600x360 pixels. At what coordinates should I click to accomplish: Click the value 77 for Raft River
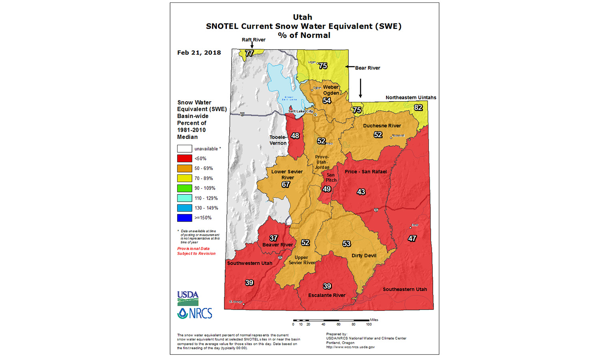(x=249, y=53)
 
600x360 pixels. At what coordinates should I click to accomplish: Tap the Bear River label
(x=367, y=68)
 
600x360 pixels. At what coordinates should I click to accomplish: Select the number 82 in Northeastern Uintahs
(x=418, y=108)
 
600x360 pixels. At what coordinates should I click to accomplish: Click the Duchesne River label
(x=382, y=126)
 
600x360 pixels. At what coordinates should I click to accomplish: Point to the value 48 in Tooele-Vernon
(x=295, y=136)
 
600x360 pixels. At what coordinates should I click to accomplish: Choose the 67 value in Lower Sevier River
(x=286, y=184)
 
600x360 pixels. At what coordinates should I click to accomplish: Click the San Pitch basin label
(x=331, y=178)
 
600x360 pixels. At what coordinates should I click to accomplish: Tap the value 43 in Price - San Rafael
(x=361, y=192)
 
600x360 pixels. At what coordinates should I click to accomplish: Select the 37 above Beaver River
(x=274, y=238)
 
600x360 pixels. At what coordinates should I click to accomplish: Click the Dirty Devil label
(x=364, y=256)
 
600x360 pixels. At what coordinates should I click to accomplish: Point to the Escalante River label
(x=326, y=295)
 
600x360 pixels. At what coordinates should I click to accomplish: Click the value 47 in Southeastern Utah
(x=412, y=238)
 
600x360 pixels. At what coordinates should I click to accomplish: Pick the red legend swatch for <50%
(x=184, y=158)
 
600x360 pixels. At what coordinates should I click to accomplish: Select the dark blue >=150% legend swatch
(x=184, y=218)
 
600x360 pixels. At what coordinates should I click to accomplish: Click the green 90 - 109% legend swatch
(x=184, y=188)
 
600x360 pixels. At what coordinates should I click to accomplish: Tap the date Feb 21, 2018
(x=199, y=53)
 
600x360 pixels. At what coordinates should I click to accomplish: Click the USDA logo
(x=188, y=298)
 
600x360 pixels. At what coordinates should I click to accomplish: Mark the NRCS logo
(x=195, y=313)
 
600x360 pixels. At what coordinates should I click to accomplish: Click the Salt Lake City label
(x=300, y=111)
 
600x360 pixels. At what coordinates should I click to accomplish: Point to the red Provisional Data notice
(x=196, y=251)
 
